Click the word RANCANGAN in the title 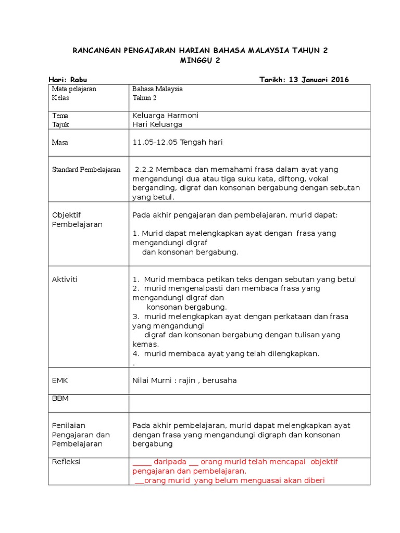click(95, 50)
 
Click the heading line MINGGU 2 click(200, 60)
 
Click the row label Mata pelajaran click(74, 89)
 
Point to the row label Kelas click(60, 98)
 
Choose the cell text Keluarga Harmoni click(166, 116)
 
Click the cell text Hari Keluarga click(157, 124)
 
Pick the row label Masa click(60, 142)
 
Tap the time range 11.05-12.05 click(155, 142)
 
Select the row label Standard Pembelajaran click(86, 170)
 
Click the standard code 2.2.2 click(144, 170)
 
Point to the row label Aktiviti click(65, 280)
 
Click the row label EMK click(60, 380)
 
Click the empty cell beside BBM click(249, 403)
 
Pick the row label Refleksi click(66, 462)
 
